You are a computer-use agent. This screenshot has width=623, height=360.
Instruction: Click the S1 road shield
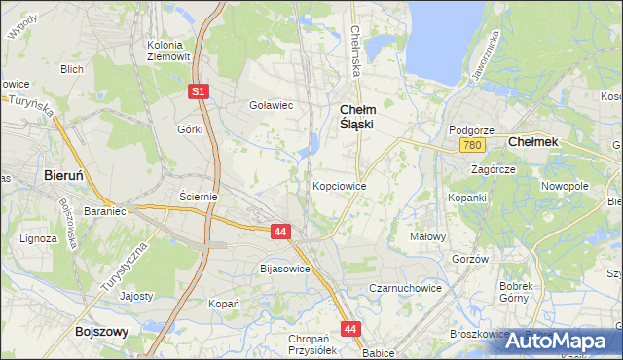click(x=199, y=91)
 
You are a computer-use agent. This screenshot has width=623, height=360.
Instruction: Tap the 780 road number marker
click(x=473, y=145)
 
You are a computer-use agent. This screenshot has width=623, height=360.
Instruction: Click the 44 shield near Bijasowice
click(x=280, y=232)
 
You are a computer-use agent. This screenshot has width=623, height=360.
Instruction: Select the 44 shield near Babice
click(x=350, y=329)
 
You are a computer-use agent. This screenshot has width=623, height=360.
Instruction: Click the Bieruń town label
click(x=68, y=176)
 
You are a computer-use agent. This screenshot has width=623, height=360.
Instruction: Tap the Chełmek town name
click(x=533, y=142)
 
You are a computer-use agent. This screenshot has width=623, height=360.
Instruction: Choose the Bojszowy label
click(x=101, y=332)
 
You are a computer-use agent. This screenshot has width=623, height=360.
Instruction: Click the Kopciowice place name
click(x=339, y=185)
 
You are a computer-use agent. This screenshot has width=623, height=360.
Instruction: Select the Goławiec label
click(x=272, y=105)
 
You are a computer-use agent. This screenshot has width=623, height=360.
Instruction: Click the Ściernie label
click(x=198, y=196)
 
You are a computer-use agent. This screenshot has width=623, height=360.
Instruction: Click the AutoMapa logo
click(x=565, y=342)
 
